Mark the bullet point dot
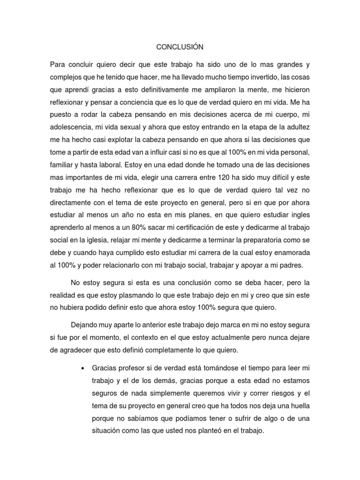(x=83, y=367)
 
